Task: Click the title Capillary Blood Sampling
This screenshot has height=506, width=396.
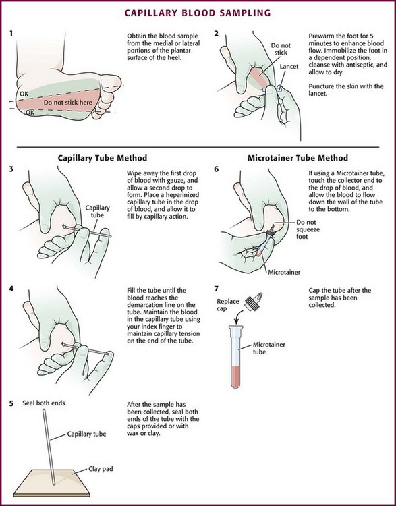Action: pyautogui.click(x=198, y=13)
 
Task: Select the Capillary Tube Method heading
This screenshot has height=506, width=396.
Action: pyautogui.click(x=103, y=158)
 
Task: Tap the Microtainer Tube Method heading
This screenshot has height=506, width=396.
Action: pyautogui.click(x=298, y=158)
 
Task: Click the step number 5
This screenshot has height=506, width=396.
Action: pyautogui.click(x=11, y=403)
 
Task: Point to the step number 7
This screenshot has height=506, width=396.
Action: pyautogui.click(x=217, y=288)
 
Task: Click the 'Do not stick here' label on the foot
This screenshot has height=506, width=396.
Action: pyautogui.click(x=67, y=103)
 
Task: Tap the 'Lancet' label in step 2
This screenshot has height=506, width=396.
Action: pyautogui.click(x=289, y=67)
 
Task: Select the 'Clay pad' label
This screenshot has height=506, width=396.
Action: pyautogui.click(x=101, y=469)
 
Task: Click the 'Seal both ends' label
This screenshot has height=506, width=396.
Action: pyautogui.click(x=44, y=403)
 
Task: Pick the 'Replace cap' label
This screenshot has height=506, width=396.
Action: pyautogui.click(x=228, y=305)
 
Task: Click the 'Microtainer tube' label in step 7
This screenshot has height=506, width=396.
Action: pyautogui.click(x=269, y=348)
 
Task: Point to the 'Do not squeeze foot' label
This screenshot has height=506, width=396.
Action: pyautogui.click(x=306, y=229)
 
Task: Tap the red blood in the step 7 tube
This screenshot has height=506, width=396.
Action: pyautogui.click(x=235, y=377)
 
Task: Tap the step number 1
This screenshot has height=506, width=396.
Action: pyautogui.click(x=11, y=33)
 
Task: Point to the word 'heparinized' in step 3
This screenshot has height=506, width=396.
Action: pyautogui.click(x=183, y=195)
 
